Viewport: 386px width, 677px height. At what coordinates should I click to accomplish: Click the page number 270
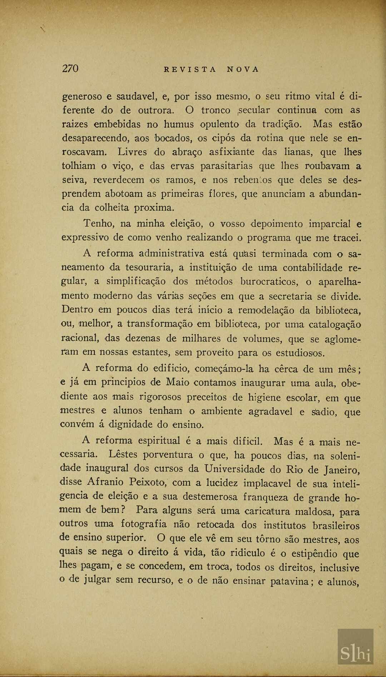70,69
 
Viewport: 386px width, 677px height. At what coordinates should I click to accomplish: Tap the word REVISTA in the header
190,70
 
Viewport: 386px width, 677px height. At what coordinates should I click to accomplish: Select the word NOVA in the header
243,70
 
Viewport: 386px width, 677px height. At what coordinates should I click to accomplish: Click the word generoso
82,97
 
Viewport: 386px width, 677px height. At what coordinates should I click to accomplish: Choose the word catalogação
335,325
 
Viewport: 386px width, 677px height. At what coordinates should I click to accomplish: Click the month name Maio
178,382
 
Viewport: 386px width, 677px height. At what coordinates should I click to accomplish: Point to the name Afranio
105,482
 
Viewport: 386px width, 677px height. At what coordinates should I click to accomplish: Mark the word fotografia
144,524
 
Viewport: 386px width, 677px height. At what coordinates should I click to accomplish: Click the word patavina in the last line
289,582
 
